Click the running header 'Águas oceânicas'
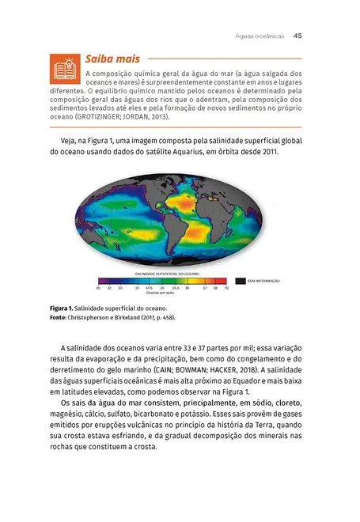tap(260, 35)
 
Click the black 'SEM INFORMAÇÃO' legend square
tap(241, 280)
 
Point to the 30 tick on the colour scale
tap(98, 288)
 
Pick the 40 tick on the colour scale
tap(226, 288)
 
